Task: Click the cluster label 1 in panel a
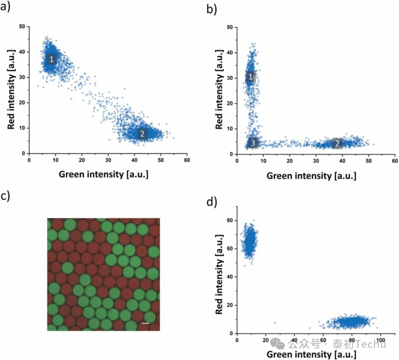click(x=51, y=59)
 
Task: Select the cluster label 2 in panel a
click(x=142, y=134)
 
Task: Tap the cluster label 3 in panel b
click(x=253, y=143)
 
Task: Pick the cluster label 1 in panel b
click(x=250, y=77)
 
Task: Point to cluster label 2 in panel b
click(x=337, y=143)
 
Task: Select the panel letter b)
click(x=212, y=9)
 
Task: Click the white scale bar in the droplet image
click(x=146, y=323)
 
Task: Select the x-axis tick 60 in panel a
click(x=187, y=161)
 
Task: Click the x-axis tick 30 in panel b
click(x=316, y=161)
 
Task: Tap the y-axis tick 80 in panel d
click(x=230, y=220)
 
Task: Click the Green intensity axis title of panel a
click(x=103, y=174)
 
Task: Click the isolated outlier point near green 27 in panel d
click(x=275, y=323)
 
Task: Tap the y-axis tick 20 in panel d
click(x=230, y=305)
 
